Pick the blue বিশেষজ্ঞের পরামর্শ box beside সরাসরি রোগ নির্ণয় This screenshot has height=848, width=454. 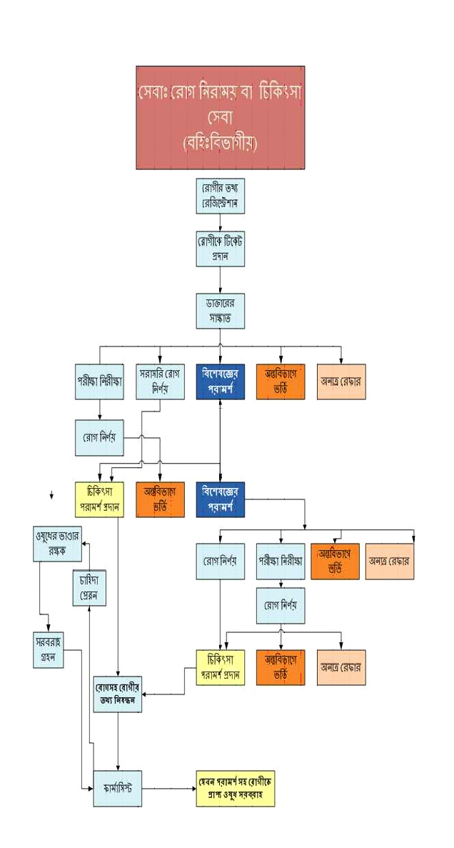(x=220, y=381)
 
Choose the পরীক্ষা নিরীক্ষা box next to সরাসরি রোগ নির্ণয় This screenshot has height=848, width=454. (x=99, y=381)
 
